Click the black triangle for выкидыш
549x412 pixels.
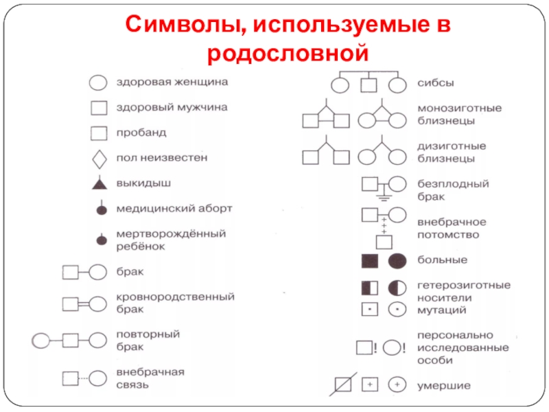[x=100, y=183]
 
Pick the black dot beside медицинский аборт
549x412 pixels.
[x=101, y=209]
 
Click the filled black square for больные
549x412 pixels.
[x=370, y=261]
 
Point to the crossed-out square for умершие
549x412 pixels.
[x=343, y=385]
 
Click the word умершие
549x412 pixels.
[x=445, y=385]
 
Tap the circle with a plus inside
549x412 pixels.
[x=397, y=385]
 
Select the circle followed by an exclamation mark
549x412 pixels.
[x=392, y=347]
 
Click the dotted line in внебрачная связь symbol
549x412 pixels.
[x=84, y=378]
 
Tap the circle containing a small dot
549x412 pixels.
[x=397, y=309]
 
